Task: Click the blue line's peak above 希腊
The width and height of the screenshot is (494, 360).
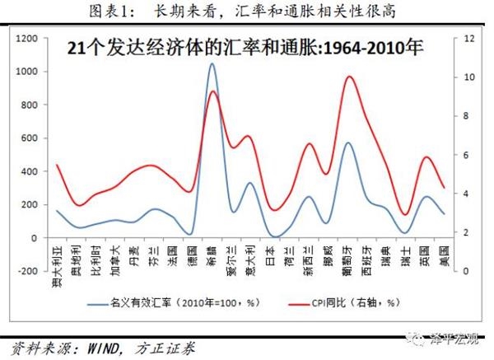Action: click(x=212, y=63)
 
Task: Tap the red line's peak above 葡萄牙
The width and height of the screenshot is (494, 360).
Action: click(x=350, y=77)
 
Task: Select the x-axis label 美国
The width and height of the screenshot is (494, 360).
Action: click(x=444, y=255)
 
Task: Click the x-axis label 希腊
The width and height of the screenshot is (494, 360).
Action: click(x=212, y=255)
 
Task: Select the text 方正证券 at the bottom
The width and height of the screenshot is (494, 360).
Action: click(x=163, y=348)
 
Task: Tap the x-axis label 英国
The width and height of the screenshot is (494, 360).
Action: click(x=425, y=255)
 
